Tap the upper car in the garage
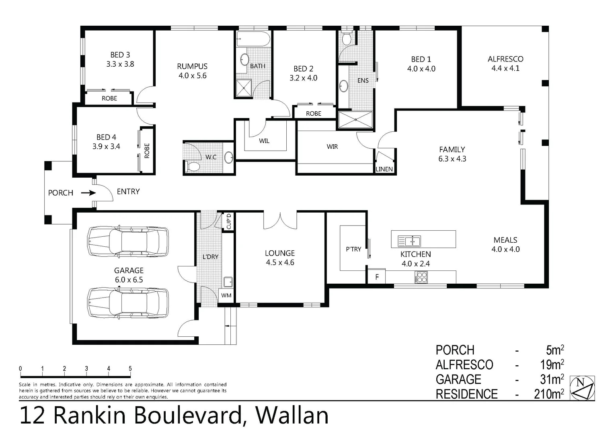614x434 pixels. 128,242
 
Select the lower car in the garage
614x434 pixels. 128,302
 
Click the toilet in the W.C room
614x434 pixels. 192,166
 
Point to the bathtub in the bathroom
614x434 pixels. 253,39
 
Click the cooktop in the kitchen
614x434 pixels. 421,277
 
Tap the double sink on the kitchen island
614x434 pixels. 409,241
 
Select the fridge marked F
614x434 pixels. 377,277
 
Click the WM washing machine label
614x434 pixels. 226,295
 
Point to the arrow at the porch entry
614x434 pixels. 88,193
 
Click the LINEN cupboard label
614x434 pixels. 384,169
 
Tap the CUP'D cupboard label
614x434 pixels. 229,221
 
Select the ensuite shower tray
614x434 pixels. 355,120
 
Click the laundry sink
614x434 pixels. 228,282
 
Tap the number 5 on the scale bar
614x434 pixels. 130,368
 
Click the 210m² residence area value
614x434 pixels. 548,394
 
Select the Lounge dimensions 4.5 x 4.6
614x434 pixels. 280,262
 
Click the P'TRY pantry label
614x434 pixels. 353,249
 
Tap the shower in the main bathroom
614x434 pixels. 243,88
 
